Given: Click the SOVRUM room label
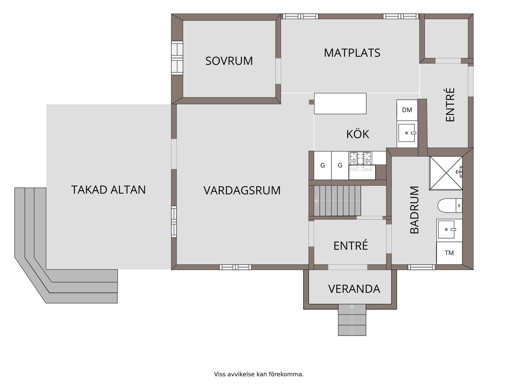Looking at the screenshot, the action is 229,61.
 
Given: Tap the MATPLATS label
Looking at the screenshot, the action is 352,53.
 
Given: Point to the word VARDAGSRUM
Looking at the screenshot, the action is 242,190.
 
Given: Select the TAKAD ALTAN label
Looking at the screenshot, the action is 108,190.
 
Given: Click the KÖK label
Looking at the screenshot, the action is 357,134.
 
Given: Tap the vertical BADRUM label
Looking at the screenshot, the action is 414,210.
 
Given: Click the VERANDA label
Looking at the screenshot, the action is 354,289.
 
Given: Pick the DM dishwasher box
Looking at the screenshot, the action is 407,110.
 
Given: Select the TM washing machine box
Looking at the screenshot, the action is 449,253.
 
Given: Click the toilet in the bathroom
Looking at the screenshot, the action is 450,205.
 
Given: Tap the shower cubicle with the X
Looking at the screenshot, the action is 446,173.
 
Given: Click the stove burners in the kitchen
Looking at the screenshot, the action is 360,161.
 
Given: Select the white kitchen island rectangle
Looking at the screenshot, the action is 340,103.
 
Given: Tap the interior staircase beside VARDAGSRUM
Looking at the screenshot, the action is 337,201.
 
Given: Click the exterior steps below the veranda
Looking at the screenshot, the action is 352,320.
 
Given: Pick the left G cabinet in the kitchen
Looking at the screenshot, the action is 323,165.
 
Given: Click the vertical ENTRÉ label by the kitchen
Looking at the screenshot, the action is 450,105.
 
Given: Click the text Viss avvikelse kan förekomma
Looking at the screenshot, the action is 259,374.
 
